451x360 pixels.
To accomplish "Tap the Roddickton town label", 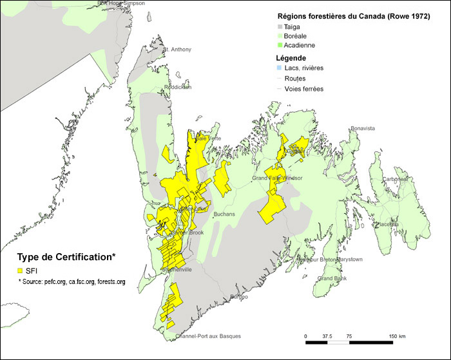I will (x=177, y=87).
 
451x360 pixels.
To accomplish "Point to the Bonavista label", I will (x=361, y=128).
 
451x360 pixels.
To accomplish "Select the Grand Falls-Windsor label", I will (x=277, y=178).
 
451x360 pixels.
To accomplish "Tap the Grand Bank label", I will (x=332, y=278).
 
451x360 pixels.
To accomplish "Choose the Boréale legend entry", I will (x=297, y=37).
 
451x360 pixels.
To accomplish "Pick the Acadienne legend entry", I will (x=300, y=46).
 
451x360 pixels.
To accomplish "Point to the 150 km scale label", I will (x=398, y=336).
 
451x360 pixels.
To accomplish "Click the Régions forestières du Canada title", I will (x=353, y=16).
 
